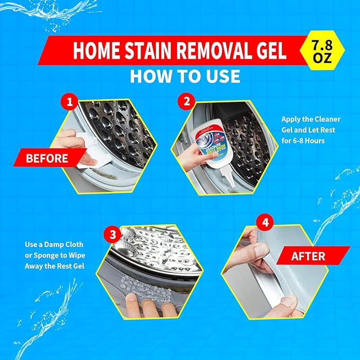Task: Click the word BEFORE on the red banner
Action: [x=47, y=158]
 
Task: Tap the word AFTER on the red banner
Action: [x=308, y=256]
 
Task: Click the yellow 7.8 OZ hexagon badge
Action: [x=322, y=51]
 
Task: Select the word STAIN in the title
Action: [x=147, y=51]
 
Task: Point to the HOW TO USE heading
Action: [x=185, y=76]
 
